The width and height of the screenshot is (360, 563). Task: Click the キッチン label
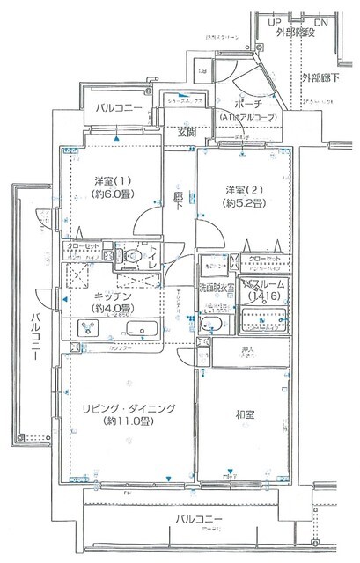[113, 297]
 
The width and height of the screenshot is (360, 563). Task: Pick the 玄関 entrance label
[187, 133]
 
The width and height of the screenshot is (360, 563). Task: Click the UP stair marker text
[276, 20]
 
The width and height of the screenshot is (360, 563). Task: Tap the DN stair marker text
[322, 20]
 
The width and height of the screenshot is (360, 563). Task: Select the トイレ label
[154, 256]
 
